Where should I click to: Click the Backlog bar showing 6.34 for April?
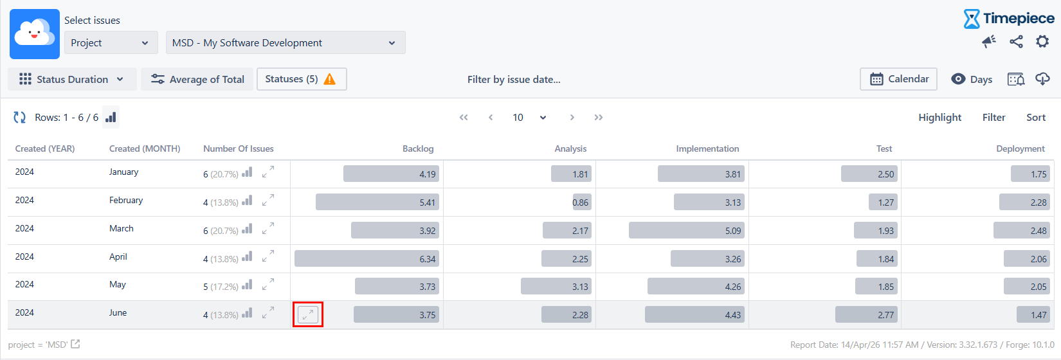[x=367, y=259]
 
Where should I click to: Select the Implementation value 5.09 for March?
[x=686, y=231]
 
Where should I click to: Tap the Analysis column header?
[x=570, y=148]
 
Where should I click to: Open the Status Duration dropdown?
[x=72, y=79]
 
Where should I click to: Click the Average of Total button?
[x=198, y=79]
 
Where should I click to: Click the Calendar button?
[x=898, y=79]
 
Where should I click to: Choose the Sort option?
[x=1035, y=117]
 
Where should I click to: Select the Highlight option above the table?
[x=939, y=117]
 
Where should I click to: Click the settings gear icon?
[x=1042, y=42]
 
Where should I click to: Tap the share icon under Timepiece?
[x=1016, y=42]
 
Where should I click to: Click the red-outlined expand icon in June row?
[x=308, y=314]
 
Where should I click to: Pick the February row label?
[x=126, y=200]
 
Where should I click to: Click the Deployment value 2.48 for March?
[x=1022, y=231]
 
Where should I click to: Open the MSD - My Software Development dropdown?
[x=286, y=42]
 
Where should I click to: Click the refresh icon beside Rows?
[x=20, y=117]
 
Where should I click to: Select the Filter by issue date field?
[x=514, y=79]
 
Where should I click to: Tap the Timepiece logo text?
[x=1018, y=18]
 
